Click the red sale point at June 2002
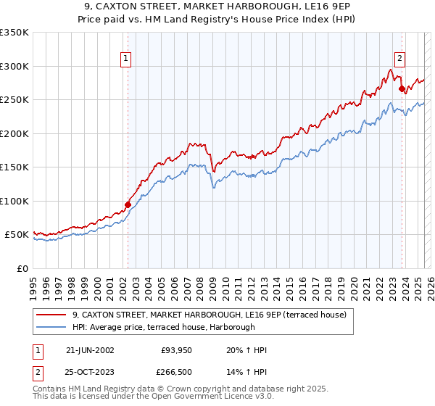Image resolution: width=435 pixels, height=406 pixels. tap(128, 204)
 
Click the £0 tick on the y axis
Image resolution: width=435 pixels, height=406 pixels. tap(23, 268)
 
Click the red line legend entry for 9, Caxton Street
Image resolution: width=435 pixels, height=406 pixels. tap(210, 315)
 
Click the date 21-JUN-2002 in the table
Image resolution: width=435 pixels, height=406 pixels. tap(90, 350)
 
